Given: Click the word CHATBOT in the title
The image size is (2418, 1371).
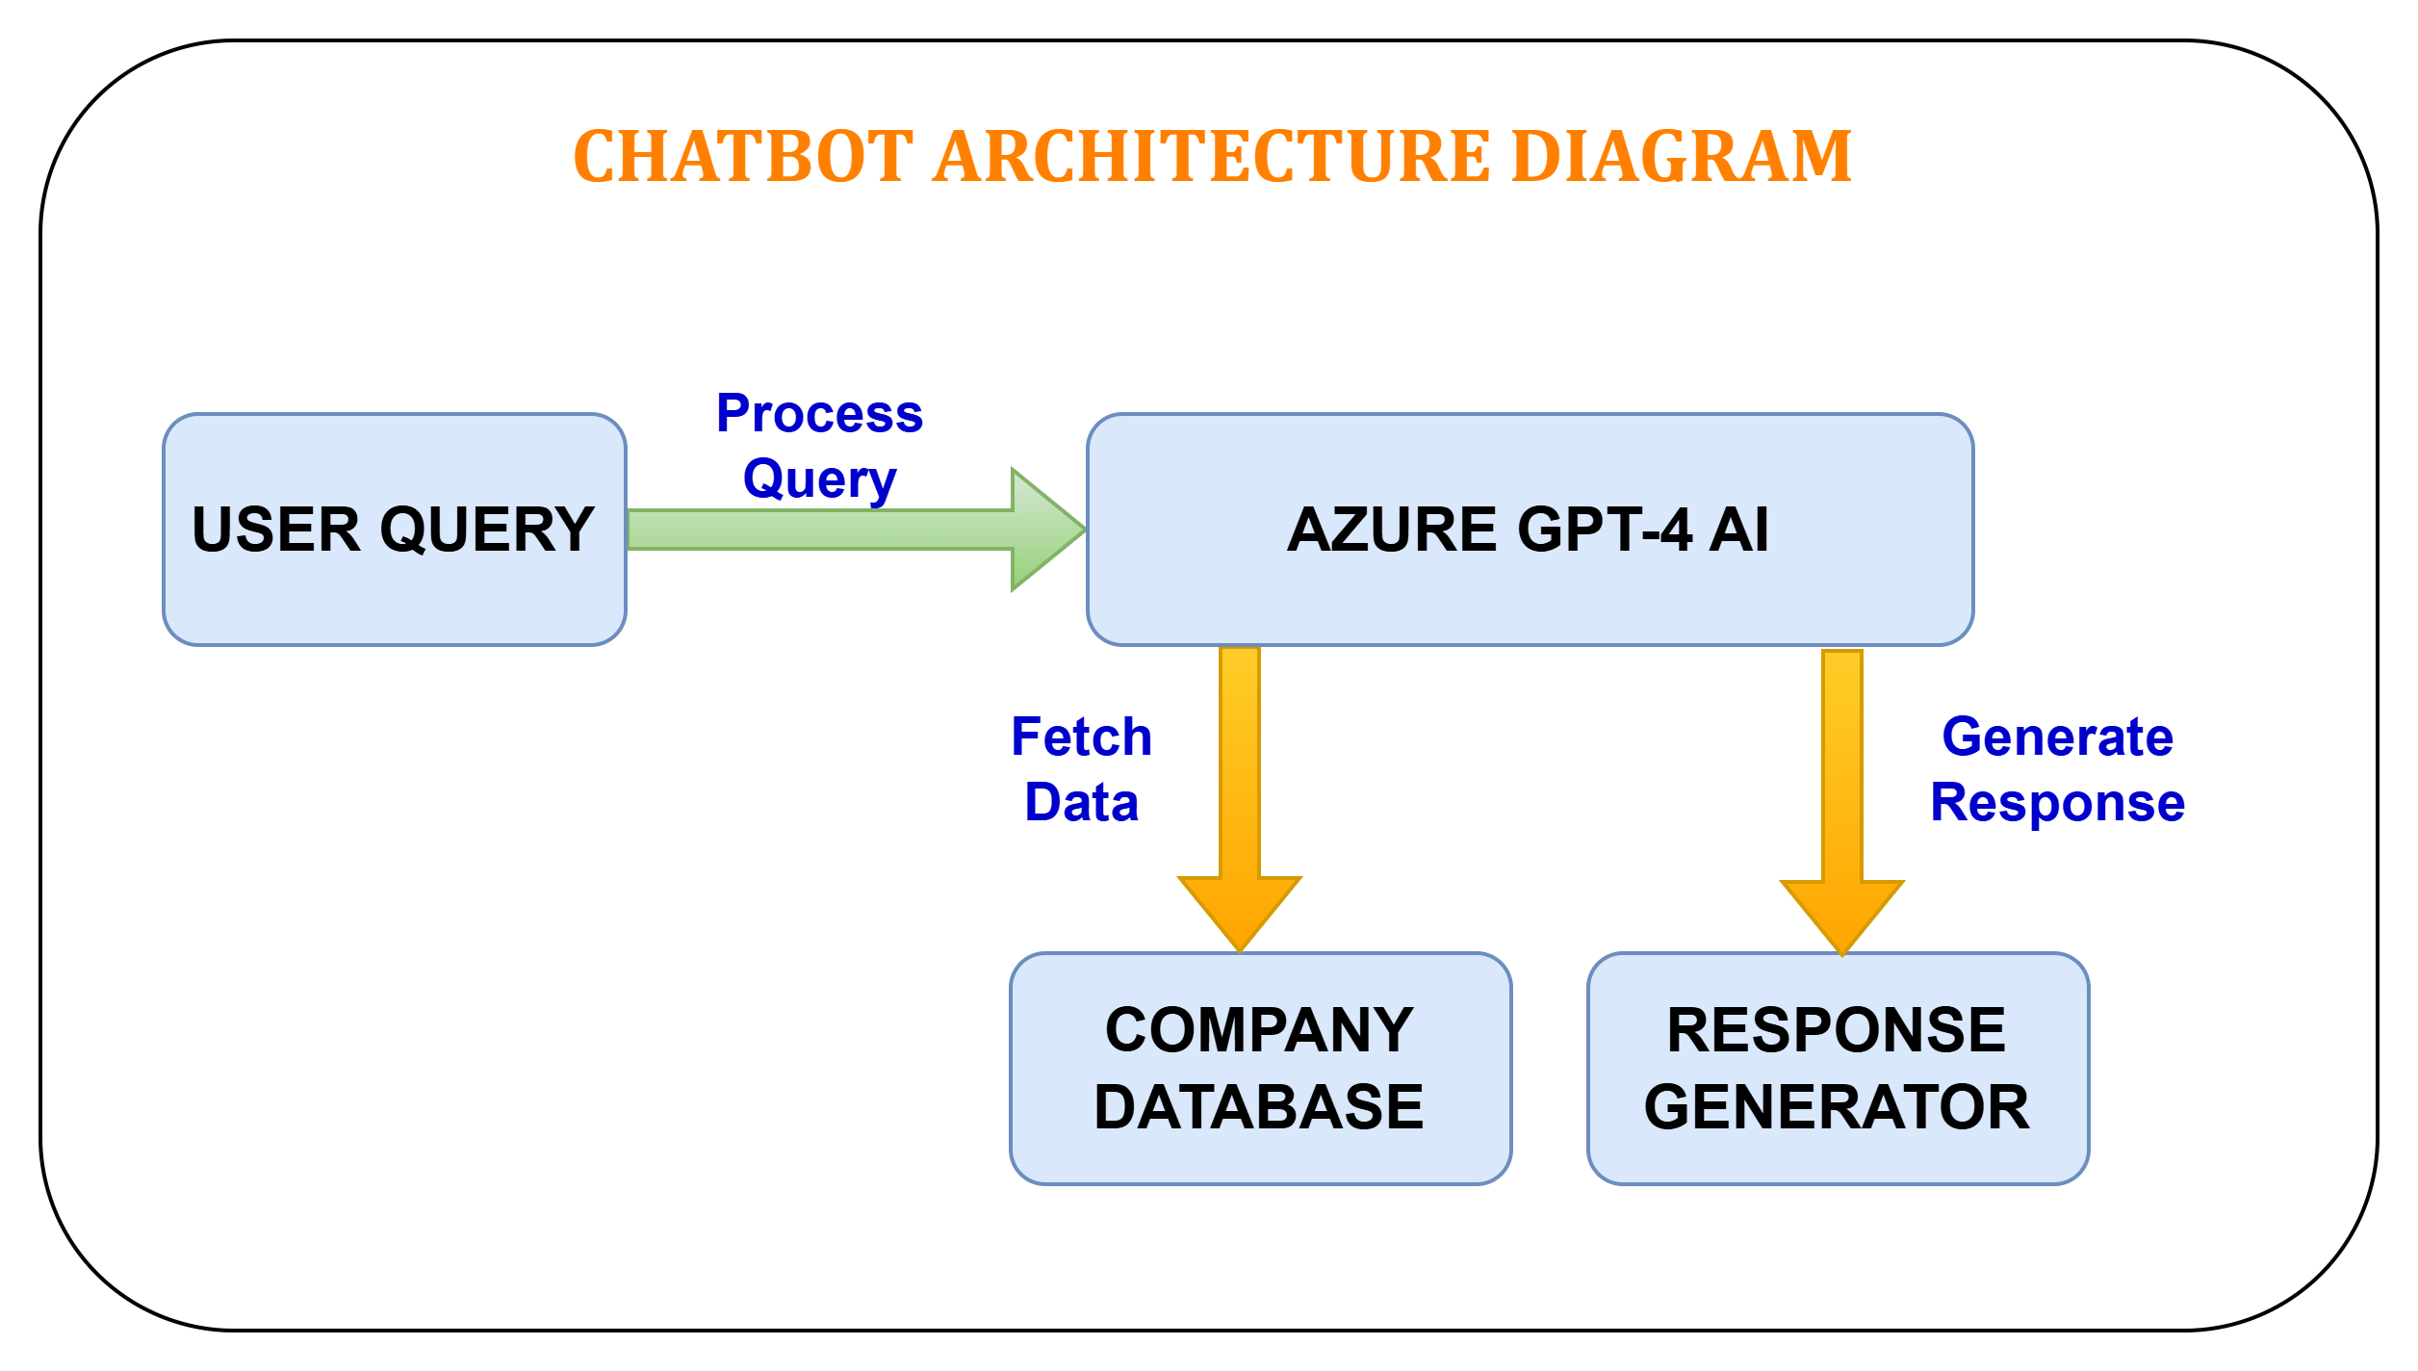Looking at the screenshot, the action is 742,157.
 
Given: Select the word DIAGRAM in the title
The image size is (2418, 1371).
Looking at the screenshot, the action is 1681,157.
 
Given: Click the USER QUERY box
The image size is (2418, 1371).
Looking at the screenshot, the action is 394,597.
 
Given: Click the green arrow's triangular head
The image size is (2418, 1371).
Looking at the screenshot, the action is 1044,530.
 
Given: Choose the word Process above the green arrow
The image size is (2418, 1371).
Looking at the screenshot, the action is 819,414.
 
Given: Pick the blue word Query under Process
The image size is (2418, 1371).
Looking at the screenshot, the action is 819,479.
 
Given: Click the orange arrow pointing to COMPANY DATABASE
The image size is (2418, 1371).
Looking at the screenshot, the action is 1240,789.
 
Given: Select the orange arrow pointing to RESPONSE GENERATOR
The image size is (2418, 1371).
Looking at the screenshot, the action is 1841,789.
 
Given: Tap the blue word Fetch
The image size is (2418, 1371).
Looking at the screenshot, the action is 1081,737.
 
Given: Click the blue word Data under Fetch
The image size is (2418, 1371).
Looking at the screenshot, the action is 1081,803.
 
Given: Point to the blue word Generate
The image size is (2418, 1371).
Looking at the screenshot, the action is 2057,737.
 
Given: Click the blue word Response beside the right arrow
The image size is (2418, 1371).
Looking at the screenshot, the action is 2057,803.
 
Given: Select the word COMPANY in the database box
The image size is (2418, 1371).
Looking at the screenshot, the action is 1259,1030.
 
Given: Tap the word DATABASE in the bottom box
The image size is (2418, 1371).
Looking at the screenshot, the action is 1259,1107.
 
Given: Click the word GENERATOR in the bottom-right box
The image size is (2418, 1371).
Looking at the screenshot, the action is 1837,1107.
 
